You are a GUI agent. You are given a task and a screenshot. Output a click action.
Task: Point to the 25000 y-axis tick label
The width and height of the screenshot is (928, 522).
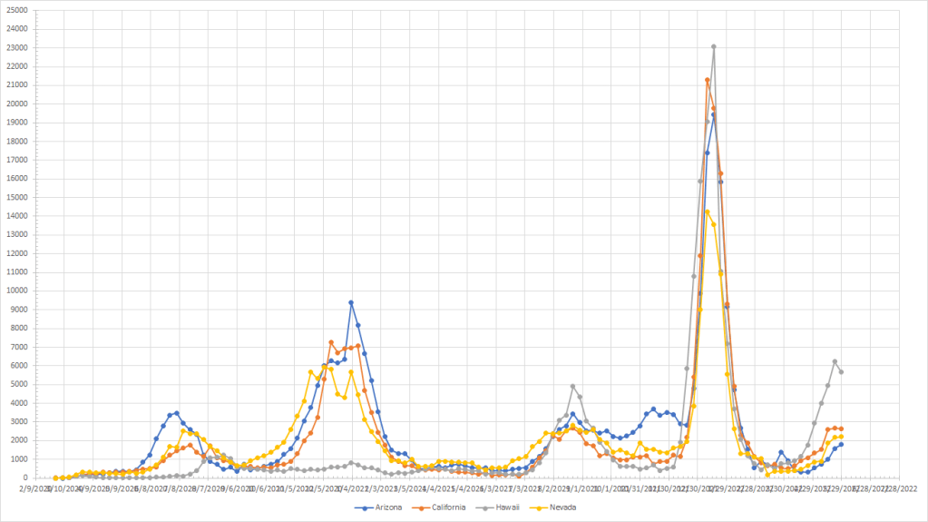click(x=16, y=10)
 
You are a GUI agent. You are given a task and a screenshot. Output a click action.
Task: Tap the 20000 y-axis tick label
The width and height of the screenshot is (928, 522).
click(x=16, y=103)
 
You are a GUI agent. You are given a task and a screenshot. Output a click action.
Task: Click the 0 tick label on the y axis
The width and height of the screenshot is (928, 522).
click(x=25, y=478)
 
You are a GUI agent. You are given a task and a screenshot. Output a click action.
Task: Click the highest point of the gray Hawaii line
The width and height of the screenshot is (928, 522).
click(x=714, y=46)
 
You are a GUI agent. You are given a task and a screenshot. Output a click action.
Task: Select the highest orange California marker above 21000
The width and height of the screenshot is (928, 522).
click(x=708, y=80)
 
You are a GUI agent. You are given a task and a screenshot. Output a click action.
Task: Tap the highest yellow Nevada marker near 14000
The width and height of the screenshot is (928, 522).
click(x=708, y=212)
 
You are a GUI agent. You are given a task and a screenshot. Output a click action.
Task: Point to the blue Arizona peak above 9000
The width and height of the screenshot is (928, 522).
click(x=351, y=303)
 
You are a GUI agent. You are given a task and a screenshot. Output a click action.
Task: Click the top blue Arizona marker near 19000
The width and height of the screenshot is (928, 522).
click(x=714, y=115)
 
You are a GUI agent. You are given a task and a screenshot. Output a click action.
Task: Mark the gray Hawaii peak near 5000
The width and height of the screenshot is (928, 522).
click(x=572, y=387)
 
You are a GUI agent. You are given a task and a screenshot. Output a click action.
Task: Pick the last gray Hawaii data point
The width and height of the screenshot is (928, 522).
click(x=842, y=372)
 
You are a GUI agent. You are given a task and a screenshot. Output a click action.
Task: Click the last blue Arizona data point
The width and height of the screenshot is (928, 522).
click(x=842, y=444)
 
